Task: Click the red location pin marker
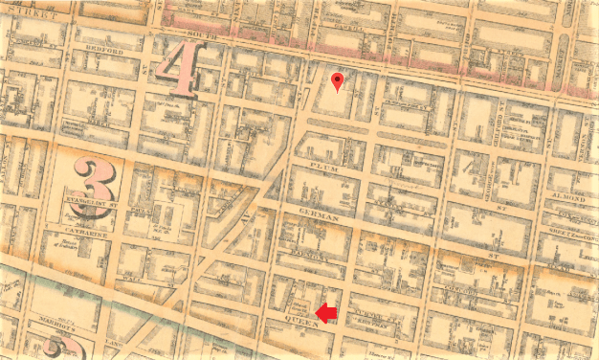click(x=337, y=81)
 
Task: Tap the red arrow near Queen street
click(x=326, y=313)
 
